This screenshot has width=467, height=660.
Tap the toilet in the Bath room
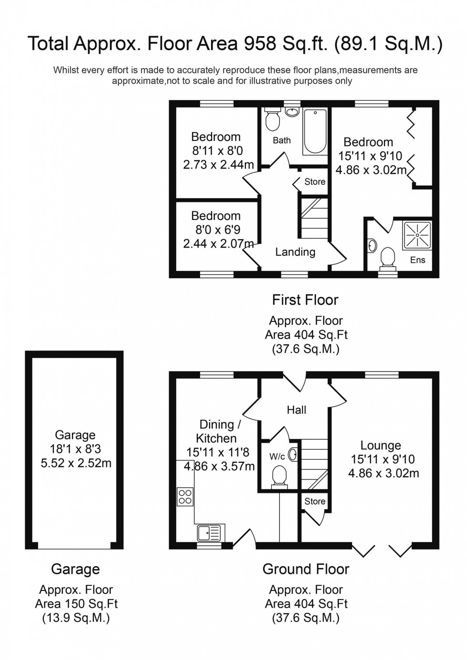pyautogui.click(x=273, y=121)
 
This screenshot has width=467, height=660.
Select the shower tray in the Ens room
pyautogui.click(x=417, y=235)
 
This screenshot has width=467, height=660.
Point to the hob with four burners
pyautogui.click(x=185, y=497)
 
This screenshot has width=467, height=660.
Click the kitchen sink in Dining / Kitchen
pyautogui.click(x=210, y=531)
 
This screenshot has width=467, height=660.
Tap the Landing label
pyautogui.click(x=295, y=252)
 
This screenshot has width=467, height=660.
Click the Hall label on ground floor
pyautogui.click(x=296, y=410)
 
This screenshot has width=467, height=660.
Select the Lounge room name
pyautogui.click(x=380, y=445)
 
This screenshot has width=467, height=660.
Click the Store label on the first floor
pyautogui.click(x=315, y=181)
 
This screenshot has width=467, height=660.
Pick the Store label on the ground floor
pyautogui.click(x=315, y=501)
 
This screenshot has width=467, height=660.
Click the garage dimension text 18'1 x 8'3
pyautogui.click(x=75, y=449)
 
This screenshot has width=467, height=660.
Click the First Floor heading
pyautogui.click(x=305, y=300)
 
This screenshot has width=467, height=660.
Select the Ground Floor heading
pyautogui.click(x=305, y=569)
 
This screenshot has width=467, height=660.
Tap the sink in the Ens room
pyautogui.click(x=372, y=246)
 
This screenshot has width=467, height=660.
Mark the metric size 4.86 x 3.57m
pyautogui.click(x=219, y=466)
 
